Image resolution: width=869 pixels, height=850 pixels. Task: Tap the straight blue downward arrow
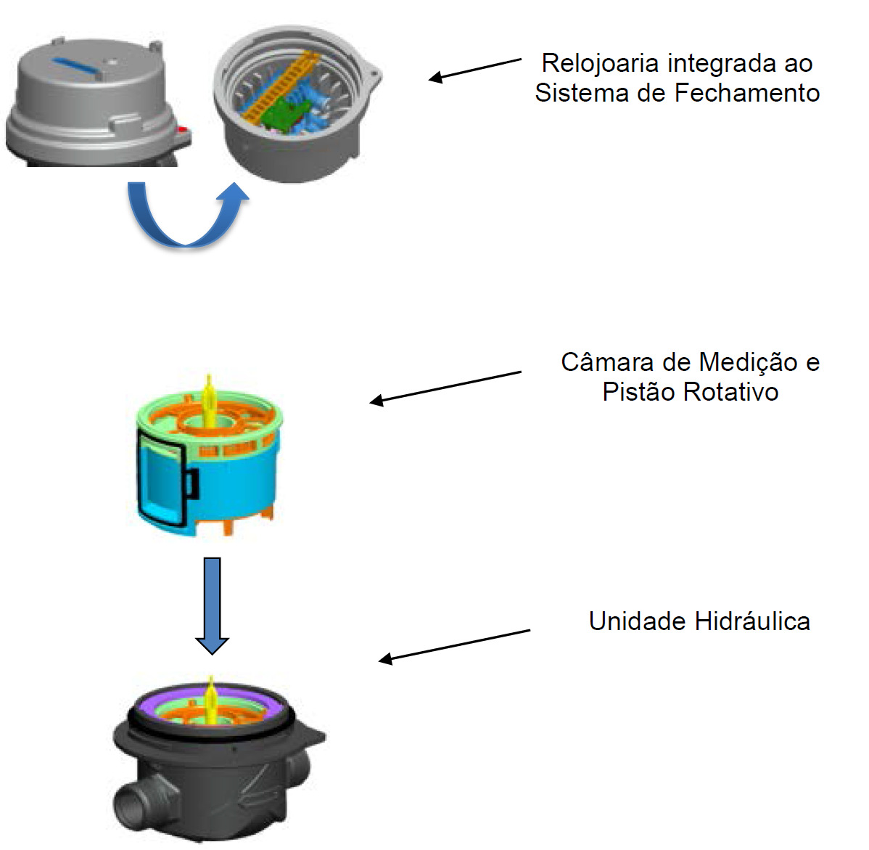[x=213, y=605]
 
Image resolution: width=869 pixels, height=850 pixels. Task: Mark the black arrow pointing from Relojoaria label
[x=475, y=70]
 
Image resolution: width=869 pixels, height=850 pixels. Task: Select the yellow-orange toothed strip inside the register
[x=280, y=86]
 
